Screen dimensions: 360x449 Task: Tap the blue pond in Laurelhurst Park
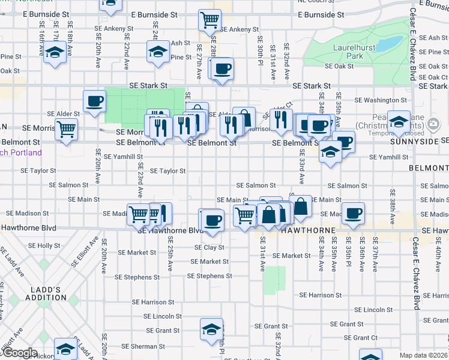[x=390, y=44]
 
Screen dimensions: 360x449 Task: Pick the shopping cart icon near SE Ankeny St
[x=209, y=21]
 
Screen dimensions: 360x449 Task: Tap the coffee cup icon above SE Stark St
[x=222, y=68]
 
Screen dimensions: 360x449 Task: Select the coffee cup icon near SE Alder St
[x=94, y=101]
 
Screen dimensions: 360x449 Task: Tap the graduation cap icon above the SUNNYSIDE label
[x=399, y=122]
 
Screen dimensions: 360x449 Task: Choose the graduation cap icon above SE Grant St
[x=211, y=329]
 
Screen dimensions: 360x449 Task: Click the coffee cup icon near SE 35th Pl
[x=353, y=213]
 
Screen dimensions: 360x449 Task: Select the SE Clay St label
[x=209, y=247]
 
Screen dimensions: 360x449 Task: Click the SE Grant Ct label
[x=366, y=338]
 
